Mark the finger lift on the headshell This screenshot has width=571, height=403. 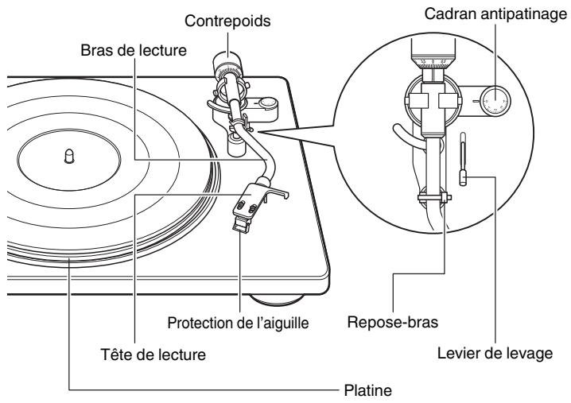(x=283, y=192)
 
